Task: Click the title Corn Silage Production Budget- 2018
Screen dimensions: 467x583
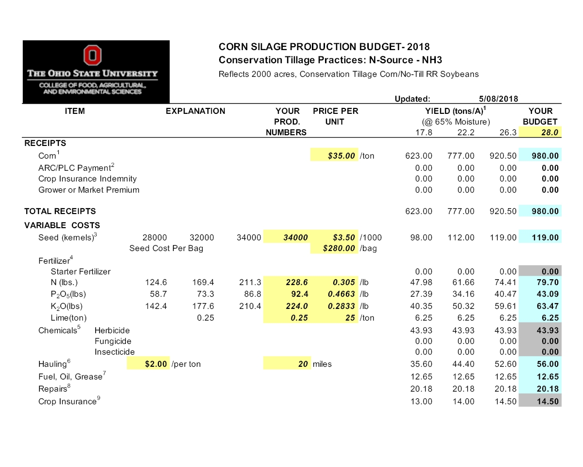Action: [x=324, y=47]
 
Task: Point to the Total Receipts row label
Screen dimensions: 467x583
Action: [x=60, y=211]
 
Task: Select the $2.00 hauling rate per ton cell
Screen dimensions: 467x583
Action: [x=148, y=364]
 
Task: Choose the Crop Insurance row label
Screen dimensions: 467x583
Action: [x=68, y=402]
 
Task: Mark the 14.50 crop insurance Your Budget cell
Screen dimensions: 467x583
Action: [x=540, y=402]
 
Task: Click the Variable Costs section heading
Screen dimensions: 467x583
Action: [x=62, y=225]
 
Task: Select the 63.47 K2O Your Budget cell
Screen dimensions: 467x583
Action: [x=540, y=306]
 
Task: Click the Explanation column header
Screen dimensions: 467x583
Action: [x=195, y=111]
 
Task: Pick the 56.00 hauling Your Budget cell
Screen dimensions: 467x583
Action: [x=540, y=364]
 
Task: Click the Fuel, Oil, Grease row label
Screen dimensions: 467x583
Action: [x=70, y=376]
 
